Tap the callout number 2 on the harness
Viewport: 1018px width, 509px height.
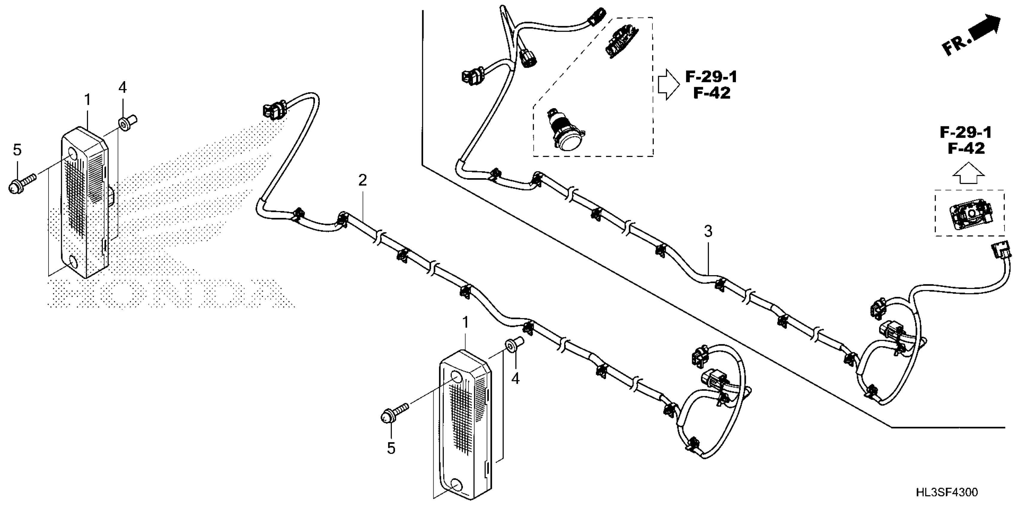362,180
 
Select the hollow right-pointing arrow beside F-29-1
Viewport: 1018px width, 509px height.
668,84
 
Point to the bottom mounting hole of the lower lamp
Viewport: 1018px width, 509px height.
456,484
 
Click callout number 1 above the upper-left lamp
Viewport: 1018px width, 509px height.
87,100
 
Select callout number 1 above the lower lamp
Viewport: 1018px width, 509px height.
466,322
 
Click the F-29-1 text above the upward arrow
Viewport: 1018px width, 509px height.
965,133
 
